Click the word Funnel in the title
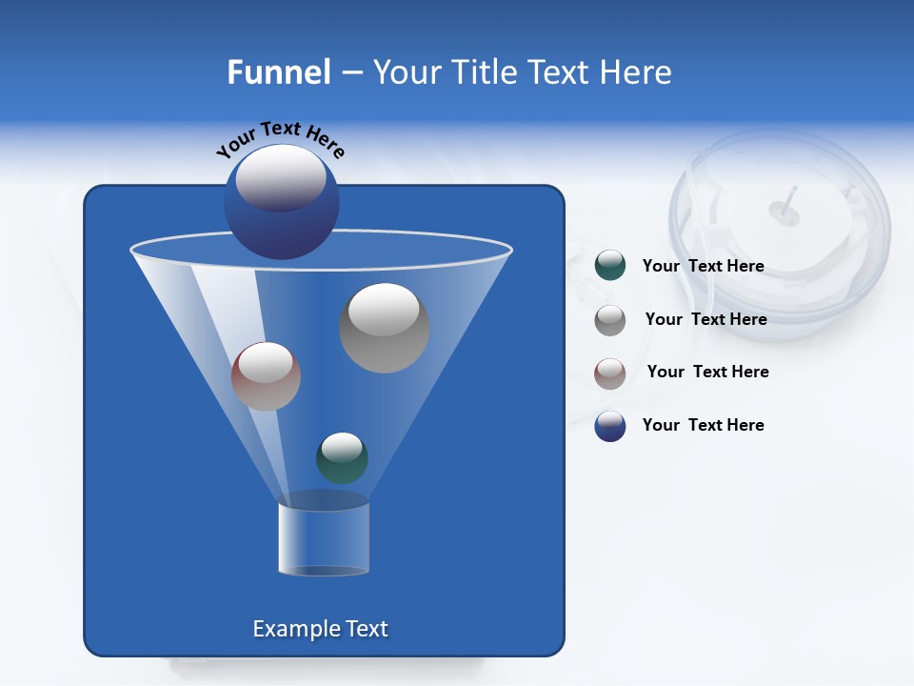[278, 72]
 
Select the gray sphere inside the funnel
[384, 329]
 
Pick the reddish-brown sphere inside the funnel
[266, 376]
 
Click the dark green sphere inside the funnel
[342, 457]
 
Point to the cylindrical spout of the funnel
[324, 538]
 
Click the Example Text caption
[320, 629]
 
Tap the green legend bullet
[610, 266]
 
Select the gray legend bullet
[610, 320]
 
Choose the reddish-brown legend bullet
[610, 373]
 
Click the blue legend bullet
[610, 426]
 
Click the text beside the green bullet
[703, 266]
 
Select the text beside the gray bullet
[705, 319]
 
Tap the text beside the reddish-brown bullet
[707, 372]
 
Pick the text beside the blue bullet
[703, 425]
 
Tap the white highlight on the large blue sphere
[280, 178]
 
